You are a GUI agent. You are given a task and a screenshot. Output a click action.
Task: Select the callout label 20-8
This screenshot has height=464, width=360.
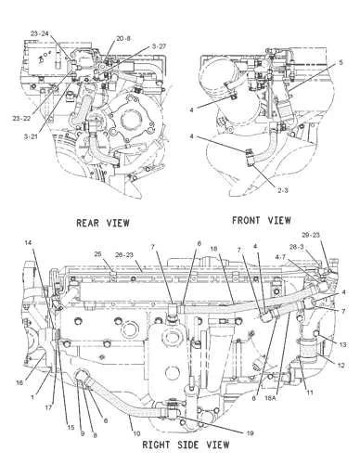124,39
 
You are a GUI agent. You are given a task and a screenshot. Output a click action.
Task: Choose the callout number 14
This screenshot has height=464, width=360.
29,242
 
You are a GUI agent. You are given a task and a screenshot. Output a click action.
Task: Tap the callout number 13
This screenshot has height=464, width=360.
342,343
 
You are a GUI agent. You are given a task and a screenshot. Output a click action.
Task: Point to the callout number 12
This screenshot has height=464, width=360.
342,366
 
